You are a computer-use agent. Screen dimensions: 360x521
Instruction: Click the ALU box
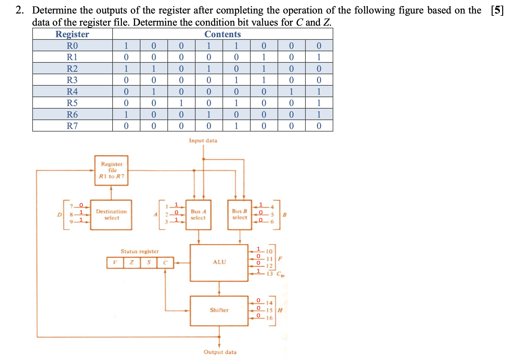click(219, 262)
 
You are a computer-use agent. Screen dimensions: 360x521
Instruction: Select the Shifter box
click(219, 310)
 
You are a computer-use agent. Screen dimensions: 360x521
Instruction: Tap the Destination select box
click(111, 215)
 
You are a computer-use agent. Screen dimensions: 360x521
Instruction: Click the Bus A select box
click(198, 215)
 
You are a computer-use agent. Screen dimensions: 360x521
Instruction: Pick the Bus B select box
click(239, 215)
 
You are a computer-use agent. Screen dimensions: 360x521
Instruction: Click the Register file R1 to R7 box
click(111, 170)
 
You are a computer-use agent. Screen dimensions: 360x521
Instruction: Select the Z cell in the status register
click(132, 262)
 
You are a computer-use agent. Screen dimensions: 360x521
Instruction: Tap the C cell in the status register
click(165, 262)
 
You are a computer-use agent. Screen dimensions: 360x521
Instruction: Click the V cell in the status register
click(115, 262)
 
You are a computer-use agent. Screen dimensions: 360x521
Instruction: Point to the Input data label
click(203, 141)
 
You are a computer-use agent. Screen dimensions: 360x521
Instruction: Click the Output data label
click(220, 352)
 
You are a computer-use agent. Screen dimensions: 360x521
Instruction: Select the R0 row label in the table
click(72, 46)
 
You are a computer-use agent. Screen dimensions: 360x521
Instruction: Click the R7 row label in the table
click(72, 126)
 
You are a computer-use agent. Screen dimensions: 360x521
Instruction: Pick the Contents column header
click(222, 34)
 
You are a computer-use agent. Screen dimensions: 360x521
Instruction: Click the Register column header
click(72, 34)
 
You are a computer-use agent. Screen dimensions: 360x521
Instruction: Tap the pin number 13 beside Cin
click(270, 274)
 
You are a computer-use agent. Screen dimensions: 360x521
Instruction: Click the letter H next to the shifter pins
click(280, 310)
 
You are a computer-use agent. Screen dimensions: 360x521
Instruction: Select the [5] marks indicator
click(497, 10)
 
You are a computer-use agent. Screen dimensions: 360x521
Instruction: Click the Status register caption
click(140, 251)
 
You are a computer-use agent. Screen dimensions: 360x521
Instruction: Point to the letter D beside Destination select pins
click(59, 215)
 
